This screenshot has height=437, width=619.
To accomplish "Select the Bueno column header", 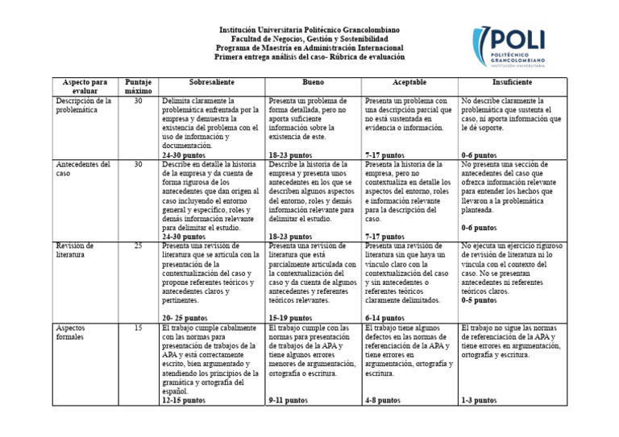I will (x=314, y=83).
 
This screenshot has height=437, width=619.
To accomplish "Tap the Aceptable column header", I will (x=409, y=83).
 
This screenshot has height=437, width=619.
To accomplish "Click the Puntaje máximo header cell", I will (x=138, y=87).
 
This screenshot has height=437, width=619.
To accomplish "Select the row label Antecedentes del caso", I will (x=83, y=169).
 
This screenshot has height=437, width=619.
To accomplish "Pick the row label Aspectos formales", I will (x=76, y=333).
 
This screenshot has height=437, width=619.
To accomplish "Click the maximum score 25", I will (x=138, y=245).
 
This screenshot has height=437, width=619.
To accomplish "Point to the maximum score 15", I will (x=138, y=328).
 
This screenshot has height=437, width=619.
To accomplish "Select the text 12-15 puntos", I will (x=184, y=400).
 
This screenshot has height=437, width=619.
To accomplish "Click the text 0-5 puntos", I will (x=479, y=300).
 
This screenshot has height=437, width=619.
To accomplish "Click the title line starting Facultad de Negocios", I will (x=309, y=39).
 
